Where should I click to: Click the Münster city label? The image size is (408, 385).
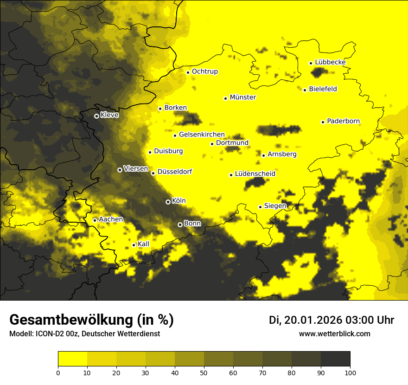242,97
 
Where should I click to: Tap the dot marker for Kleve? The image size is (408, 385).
96,116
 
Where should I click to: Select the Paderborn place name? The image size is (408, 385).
343,121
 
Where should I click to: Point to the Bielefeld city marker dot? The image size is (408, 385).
305,90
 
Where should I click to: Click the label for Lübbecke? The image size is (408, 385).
330,62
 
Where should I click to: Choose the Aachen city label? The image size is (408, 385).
111,219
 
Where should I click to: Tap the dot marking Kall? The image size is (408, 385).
134,245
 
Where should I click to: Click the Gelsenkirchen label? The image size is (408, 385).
202,135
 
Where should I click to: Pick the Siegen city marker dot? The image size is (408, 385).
261,207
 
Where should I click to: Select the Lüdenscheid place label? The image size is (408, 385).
255,174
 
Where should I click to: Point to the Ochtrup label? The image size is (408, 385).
204,71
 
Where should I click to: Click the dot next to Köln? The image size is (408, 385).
168,202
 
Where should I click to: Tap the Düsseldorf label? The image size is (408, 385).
174,172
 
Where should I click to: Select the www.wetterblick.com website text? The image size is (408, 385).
334,334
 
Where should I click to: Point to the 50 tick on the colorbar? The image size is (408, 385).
204,372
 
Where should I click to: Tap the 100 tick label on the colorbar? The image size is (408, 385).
350,372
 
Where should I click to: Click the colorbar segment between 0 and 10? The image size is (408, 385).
72,359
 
